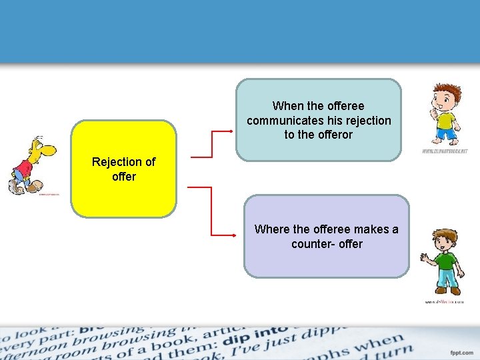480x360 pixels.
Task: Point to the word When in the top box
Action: (287, 106)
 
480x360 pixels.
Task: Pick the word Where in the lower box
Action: (272, 229)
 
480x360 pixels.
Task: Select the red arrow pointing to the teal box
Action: (212, 143)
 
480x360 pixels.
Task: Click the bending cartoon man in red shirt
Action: (31, 165)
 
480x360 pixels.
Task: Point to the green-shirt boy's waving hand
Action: (425, 258)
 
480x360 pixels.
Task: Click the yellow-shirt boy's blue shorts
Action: (446, 133)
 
